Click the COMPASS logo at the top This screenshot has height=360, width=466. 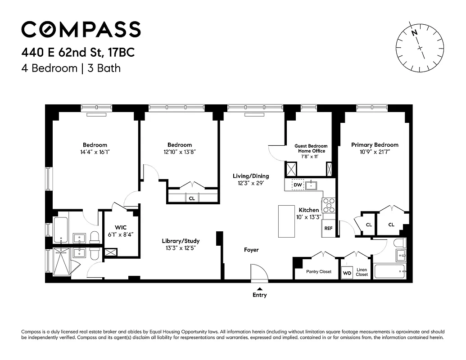click(x=81, y=29)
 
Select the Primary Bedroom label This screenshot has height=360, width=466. click(x=375, y=145)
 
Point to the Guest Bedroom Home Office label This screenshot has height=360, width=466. click(x=311, y=148)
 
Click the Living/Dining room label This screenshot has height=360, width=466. click(x=251, y=176)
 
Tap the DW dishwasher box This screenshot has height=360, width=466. click(x=298, y=184)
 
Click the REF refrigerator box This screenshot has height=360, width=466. click(x=328, y=229)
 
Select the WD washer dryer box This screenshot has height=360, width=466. click(x=347, y=273)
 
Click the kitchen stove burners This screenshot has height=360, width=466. click(x=329, y=205)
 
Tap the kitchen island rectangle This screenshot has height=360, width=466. click(x=286, y=221)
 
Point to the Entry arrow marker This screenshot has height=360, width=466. click(x=259, y=289)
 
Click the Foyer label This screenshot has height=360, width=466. click(x=251, y=250)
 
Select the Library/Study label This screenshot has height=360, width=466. click(x=181, y=241)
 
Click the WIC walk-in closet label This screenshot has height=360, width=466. click(x=120, y=228)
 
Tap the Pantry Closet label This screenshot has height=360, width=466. click(x=319, y=272)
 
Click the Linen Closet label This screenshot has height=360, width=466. click(x=362, y=272)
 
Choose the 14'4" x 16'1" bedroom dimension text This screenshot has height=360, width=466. click(x=95, y=152)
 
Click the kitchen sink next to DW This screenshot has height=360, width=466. click(x=311, y=184)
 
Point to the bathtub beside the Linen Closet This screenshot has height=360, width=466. click(x=390, y=271)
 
